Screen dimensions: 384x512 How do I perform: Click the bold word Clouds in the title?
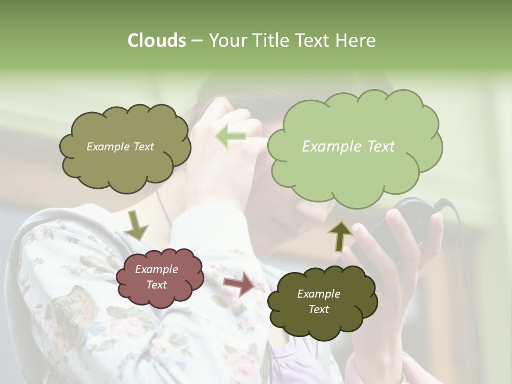coord(156,41)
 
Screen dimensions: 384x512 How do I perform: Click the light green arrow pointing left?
coord(231,137)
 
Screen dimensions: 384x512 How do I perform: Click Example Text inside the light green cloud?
coord(348,147)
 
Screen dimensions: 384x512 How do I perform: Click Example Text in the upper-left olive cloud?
coord(120,147)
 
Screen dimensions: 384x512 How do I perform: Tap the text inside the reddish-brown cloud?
coord(156,277)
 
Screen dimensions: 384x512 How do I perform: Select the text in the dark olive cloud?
coord(318,301)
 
